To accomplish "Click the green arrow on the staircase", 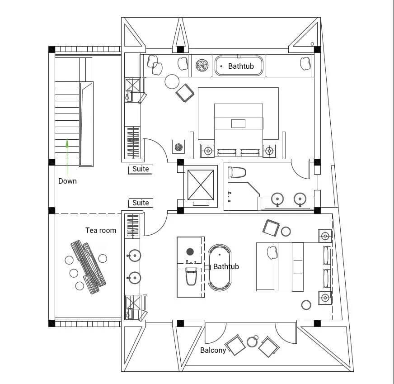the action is (67, 156).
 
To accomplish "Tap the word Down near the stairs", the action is (67, 181).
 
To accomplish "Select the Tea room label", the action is (101, 230).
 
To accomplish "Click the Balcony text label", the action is (213, 350).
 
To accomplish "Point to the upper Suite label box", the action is (141, 169).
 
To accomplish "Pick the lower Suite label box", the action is (141, 203).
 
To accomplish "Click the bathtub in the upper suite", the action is (239, 66).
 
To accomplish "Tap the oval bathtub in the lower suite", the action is (220, 267).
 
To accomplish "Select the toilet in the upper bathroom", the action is (236, 172).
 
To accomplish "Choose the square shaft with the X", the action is (201, 185).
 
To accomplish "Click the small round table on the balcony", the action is (252, 342).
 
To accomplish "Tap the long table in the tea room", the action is (88, 267).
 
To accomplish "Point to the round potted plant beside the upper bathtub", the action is (202, 66).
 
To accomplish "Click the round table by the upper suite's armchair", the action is (172, 81).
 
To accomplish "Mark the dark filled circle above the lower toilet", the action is (190, 251).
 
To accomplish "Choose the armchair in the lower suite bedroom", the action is (271, 228).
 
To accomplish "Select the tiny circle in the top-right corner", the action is (312, 44).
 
